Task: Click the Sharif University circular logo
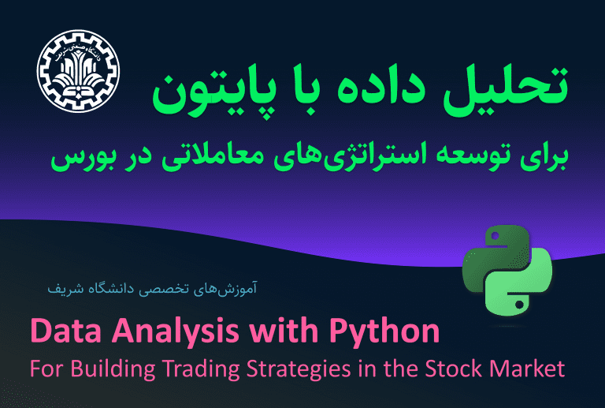78,72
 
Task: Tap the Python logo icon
507,271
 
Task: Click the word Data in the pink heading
65,331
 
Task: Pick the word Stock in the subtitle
454,369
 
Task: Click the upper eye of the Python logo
496,235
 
